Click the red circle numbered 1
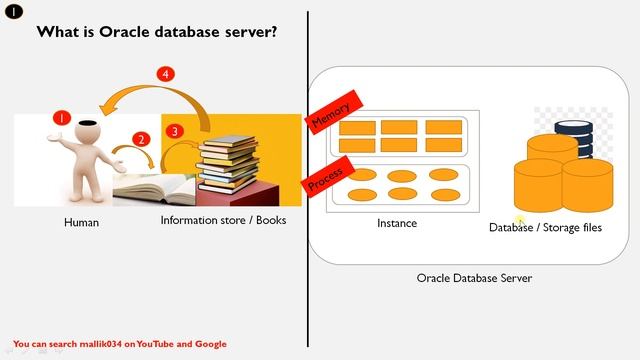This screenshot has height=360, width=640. click(x=62, y=118)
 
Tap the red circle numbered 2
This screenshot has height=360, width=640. click(x=141, y=139)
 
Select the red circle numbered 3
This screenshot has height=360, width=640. click(x=175, y=131)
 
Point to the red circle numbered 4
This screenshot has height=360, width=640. click(x=166, y=74)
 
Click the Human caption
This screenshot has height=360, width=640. click(x=81, y=222)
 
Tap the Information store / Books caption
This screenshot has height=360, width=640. click(x=223, y=219)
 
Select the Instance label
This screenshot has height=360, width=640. click(x=397, y=223)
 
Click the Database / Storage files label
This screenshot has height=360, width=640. click(x=545, y=228)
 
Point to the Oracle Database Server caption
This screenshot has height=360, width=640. click(x=474, y=278)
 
